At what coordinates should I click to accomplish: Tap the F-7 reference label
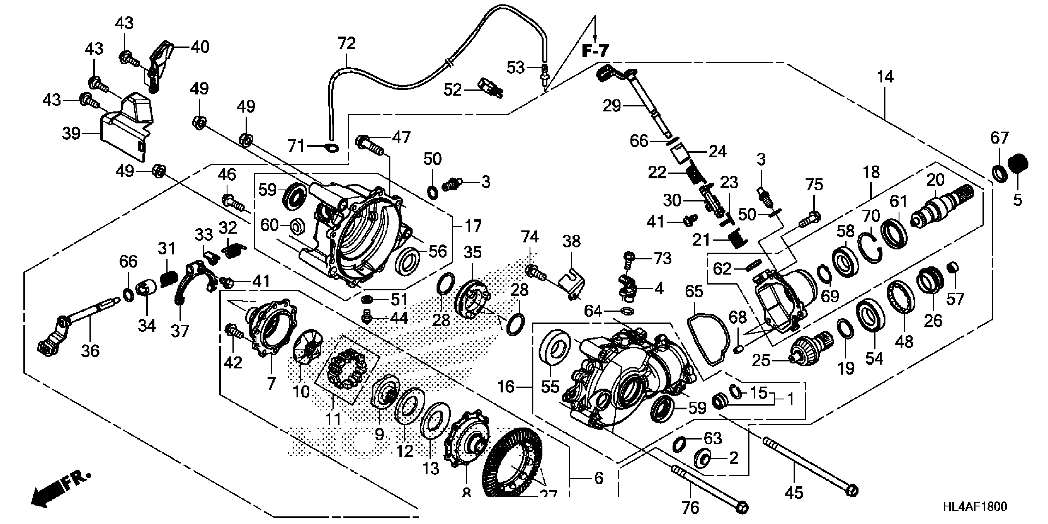coord(595,51)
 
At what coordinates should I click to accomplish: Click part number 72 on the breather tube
coord(347,43)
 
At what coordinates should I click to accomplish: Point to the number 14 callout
coord(885,77)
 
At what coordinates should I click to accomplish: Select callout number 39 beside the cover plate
coord(71,133)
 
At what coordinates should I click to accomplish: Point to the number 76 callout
coord(690,507)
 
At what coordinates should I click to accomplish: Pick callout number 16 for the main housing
coord(506,387)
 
